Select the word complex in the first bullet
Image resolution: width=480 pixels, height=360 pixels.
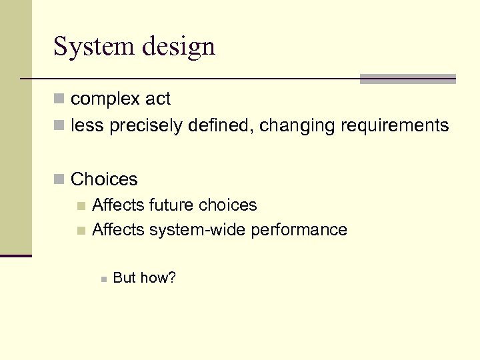pos(106,99)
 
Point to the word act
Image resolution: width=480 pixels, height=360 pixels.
pos(158,99)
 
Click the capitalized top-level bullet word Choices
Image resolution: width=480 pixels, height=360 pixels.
pos(104,179)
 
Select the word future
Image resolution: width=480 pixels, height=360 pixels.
pos(173,205)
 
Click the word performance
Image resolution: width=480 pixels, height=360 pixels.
pos(297,230)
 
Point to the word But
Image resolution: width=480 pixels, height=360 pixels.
pos(125,277)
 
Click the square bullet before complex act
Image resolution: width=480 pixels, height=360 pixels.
pos(59,99)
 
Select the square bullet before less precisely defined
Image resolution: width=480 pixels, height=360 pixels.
pos(59,125)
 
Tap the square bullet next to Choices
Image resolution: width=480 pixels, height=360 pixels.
pos(59,179)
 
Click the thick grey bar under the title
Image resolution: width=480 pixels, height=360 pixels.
pos(407,79)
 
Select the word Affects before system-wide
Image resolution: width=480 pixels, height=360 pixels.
pos(118,230)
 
